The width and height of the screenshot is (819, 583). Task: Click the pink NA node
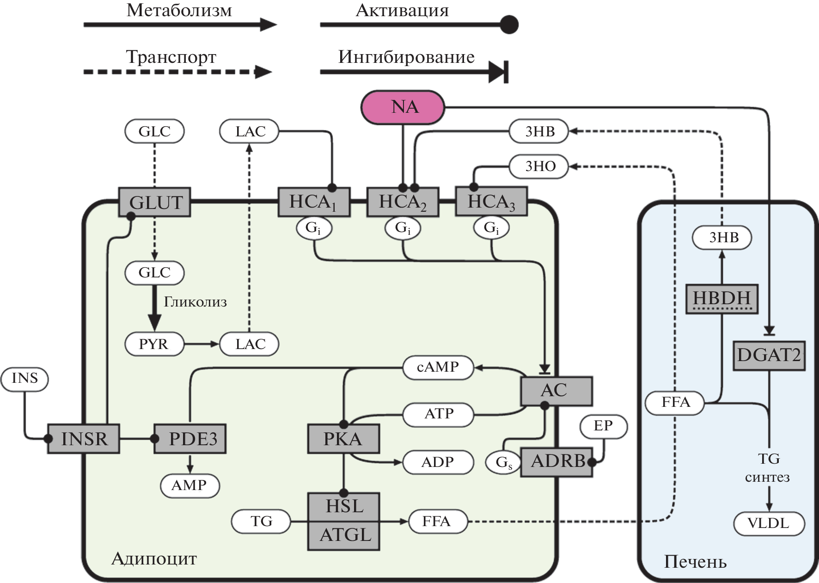pos(403,107)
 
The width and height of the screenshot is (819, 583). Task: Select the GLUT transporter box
pos(155,203)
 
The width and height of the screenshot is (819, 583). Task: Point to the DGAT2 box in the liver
pos(769,356)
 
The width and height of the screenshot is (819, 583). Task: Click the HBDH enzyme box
pos(721,299)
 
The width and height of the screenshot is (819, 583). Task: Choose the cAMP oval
pos(438,368)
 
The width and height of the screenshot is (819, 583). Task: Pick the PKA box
pos(343,439)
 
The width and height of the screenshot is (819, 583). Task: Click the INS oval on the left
pos(24,378)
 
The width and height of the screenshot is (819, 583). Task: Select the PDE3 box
pos(190,439)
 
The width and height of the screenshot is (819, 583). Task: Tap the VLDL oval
pos(769,523)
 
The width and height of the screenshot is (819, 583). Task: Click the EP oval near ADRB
pos(603,426)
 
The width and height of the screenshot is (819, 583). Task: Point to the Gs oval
pos(503,462)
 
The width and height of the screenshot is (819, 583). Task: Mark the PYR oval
pos(154,344)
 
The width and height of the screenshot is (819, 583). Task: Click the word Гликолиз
pos(195,302)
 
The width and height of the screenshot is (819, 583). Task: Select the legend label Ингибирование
pos(406,57)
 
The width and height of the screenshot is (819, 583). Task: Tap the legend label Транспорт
pos(171,57)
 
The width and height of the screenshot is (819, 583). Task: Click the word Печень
pos(695,562)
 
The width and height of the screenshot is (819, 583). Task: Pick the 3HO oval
pos(539,166)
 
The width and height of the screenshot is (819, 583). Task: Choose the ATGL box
pos(344,535)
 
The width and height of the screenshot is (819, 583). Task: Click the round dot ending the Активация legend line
pos(509,25)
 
